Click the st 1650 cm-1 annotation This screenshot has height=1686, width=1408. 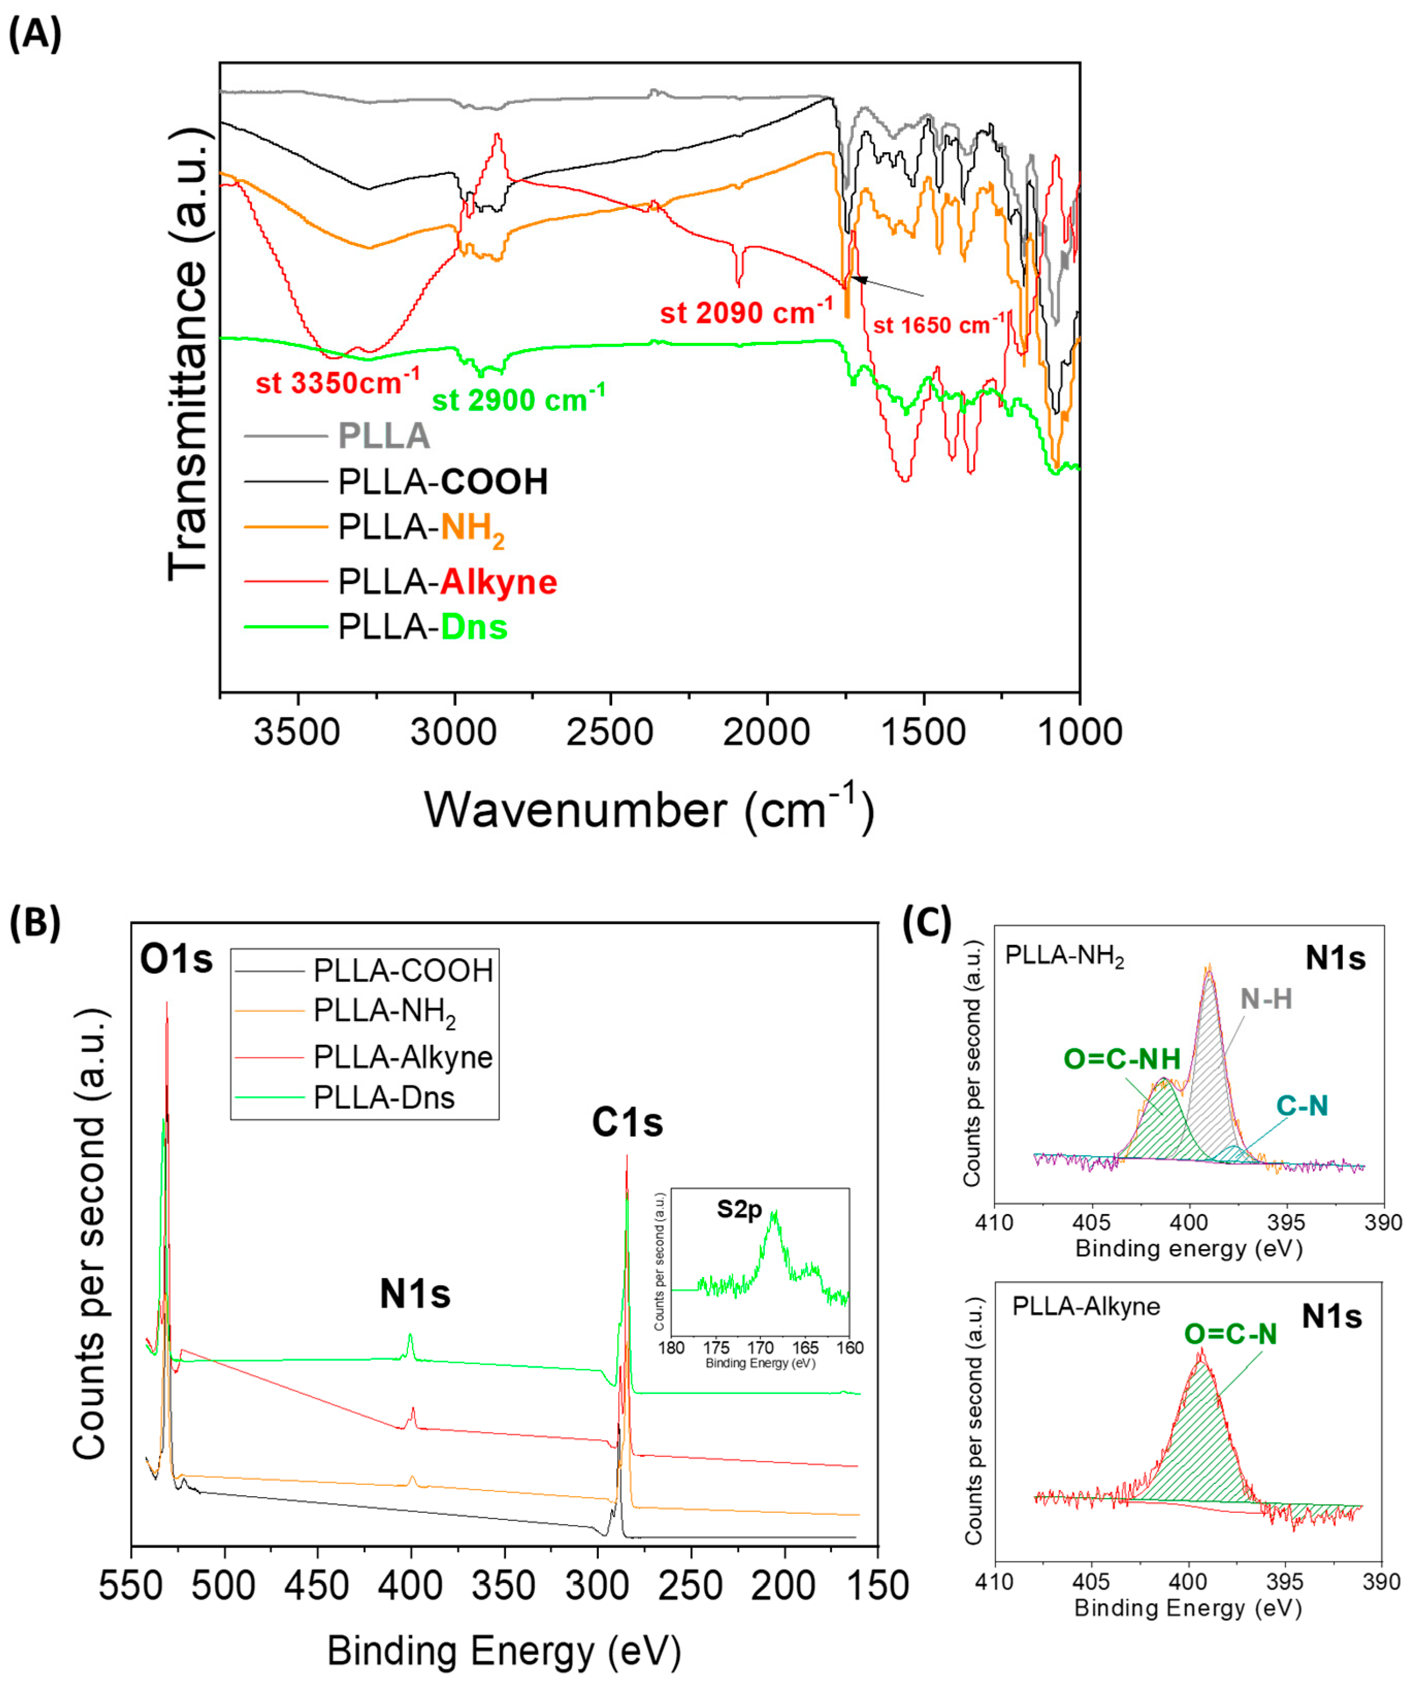click(x=938, y=324)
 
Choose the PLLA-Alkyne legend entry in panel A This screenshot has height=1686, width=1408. click(x=446, y=581)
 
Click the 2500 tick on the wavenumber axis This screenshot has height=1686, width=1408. click(x=610, y=732)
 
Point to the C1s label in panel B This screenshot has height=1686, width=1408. click(x=627, y=1122)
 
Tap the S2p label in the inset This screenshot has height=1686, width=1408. click(x=739, y=1209)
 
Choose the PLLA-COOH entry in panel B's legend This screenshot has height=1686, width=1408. click(x=403, y=971)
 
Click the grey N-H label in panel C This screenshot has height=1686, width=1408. click(x=1266, y=998)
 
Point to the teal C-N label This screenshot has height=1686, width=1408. click(x=1302, y=1106)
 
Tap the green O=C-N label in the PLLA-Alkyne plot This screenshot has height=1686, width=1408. click(x=1230, y=1334)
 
